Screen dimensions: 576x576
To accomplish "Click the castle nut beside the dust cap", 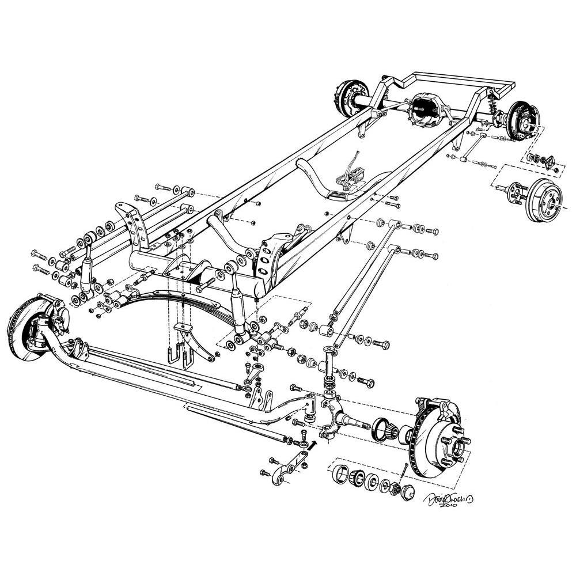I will [396, 488].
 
